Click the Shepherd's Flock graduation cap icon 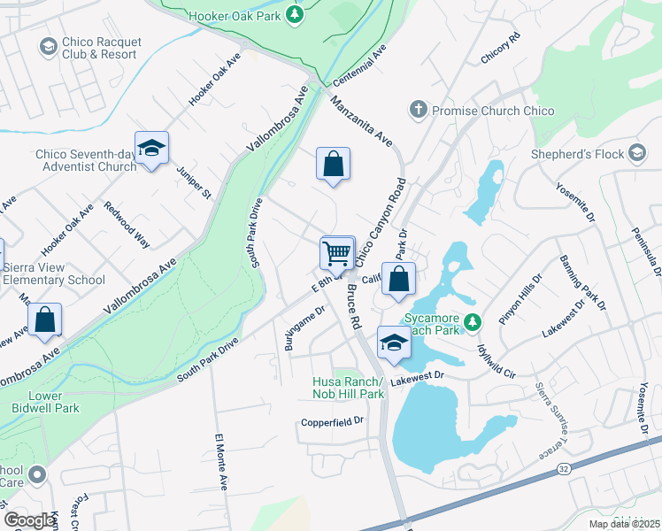(636, 153)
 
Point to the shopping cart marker (337, 253)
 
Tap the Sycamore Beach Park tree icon (473, 319)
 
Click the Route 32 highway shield (563, 466)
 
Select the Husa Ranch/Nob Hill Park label (348, 388)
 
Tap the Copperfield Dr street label (332, 421)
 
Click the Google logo (29, 520)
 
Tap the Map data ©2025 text (623, 524)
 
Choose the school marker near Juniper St (151, 149)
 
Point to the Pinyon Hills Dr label (520, 299)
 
